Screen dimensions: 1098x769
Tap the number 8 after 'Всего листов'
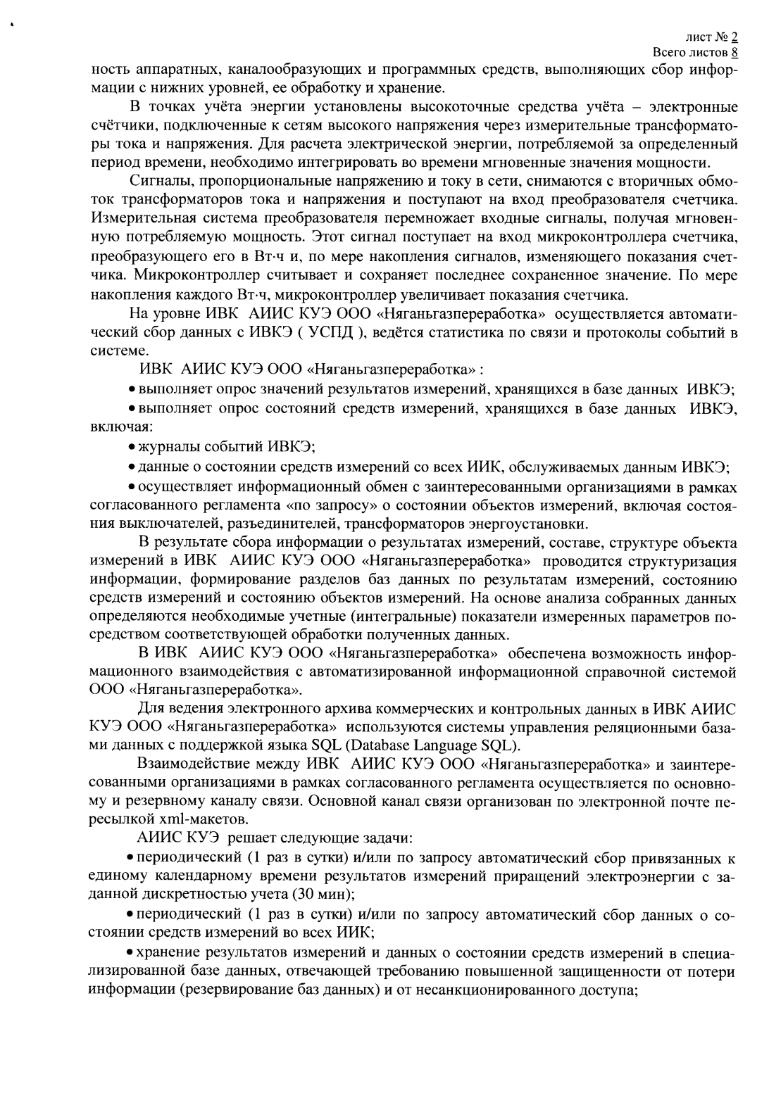pos(734,52)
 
